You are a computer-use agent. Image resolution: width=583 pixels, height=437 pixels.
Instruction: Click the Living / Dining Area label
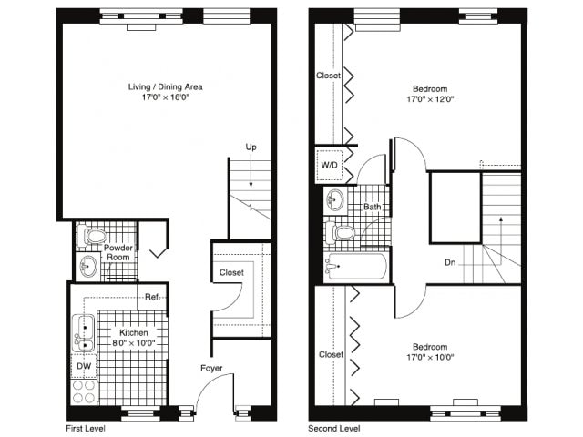tap(166, 87)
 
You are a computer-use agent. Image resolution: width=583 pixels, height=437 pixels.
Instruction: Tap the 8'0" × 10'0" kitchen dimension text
tap(134, 343)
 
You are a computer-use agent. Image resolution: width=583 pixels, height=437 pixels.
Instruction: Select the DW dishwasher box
tap(84, 366)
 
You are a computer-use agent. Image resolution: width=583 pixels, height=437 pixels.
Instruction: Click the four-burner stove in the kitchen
tap(84, 391)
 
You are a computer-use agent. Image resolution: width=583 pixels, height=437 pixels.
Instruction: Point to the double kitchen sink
tap(83, 333)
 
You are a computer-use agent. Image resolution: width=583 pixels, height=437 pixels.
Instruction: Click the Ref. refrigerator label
tap(152, 297)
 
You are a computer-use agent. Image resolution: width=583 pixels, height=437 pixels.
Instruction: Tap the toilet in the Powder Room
tap(93, 236)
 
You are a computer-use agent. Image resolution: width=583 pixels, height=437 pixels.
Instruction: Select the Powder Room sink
tap(87, 266)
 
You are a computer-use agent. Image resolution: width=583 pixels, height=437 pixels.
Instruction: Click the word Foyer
tap(211, 368)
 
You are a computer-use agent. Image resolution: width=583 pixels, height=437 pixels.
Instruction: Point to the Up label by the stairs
tap(251, 147)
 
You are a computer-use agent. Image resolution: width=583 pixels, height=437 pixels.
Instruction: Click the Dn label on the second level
tap(450, 262)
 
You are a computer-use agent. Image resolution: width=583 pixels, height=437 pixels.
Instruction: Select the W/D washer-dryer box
tap(329, 165)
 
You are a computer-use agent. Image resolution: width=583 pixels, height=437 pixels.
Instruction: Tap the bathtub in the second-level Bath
tap(355, 266)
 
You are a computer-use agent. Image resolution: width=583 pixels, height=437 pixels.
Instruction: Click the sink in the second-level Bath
tap(336, 200)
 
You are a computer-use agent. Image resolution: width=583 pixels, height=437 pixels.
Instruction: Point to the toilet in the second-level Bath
tap(341, 233)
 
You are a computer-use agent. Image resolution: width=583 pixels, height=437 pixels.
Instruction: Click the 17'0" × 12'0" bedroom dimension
tap(430, 99)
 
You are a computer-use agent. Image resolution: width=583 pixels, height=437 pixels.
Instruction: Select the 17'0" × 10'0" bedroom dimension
tap(430, 358)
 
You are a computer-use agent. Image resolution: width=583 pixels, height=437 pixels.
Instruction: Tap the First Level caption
tap(85, 429)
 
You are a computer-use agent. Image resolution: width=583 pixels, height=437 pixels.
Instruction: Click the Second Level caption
tap(334, 429)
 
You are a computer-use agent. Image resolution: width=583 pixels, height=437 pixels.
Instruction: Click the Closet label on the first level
tap(231, 273)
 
